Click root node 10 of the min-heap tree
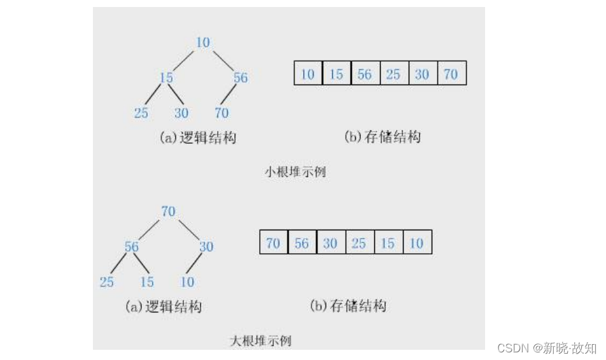click(202, 43)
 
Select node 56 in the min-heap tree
click(240, 78)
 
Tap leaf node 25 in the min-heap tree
click(141, 113)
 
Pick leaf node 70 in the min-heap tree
click(222, 113)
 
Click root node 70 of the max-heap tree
click(168, 211)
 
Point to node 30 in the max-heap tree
click(206, 247)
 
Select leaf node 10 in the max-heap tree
click(187, 282)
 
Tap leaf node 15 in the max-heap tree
click(147, 282)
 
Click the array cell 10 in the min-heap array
click(308, 74)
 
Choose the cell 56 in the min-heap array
click(365, 74)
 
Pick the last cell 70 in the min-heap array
click(451, 74)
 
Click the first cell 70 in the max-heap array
click(274, 244)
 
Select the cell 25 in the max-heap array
click(359, 244)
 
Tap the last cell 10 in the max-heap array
click(416, 244)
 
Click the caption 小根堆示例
click(295, 172)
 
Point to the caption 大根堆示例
click(260, 341)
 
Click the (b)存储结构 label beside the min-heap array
click(382, 137)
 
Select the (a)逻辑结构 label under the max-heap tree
click(164, 307)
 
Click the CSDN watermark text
click(547, 348)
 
